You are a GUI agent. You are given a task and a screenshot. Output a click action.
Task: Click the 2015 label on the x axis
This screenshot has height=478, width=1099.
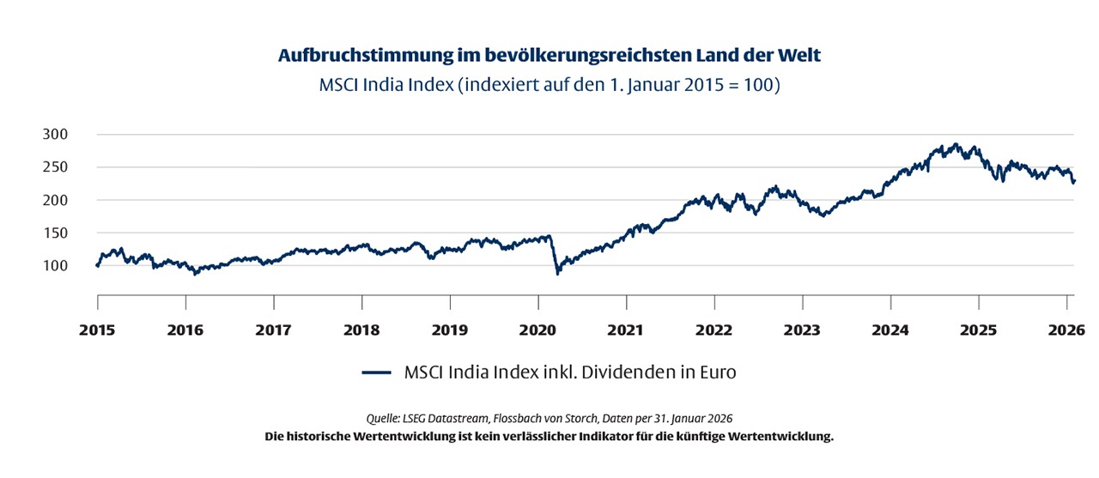(97, 329)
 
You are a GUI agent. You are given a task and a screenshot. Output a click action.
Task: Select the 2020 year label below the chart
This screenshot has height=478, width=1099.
(538, 329)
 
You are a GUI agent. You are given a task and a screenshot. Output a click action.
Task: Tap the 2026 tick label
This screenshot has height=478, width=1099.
(1067, 329)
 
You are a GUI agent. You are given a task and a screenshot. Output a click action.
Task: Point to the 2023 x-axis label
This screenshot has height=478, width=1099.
(803, 329)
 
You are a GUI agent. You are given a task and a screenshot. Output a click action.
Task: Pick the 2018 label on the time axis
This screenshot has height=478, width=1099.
(361, 329)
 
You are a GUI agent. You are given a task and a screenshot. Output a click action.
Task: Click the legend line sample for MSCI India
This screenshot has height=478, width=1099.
(377, 373)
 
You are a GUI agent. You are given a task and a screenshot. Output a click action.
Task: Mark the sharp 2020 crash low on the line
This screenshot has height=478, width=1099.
(557, 273)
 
